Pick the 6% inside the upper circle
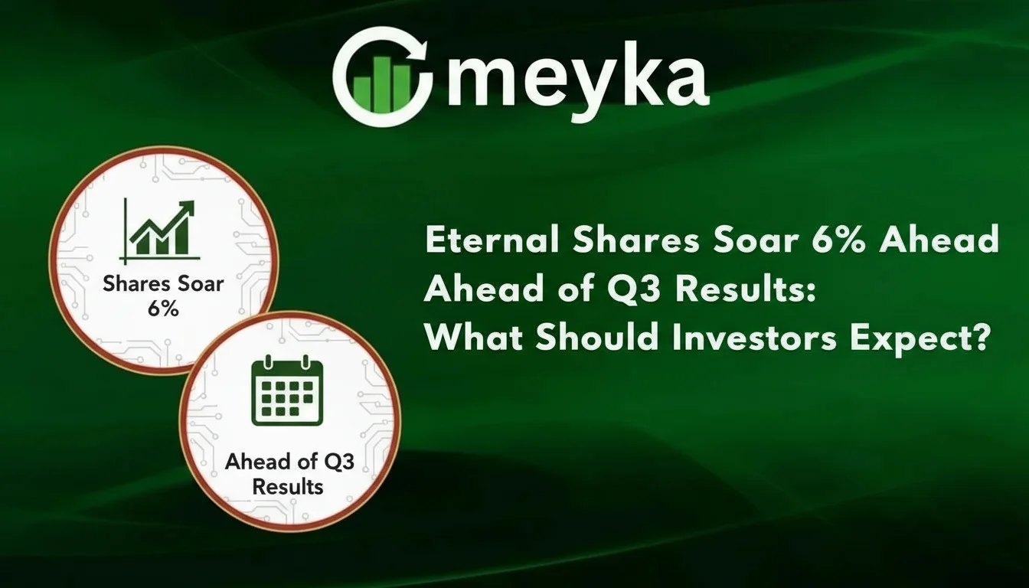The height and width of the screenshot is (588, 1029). point(163,310)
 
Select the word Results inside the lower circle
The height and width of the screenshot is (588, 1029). point(288,486)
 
